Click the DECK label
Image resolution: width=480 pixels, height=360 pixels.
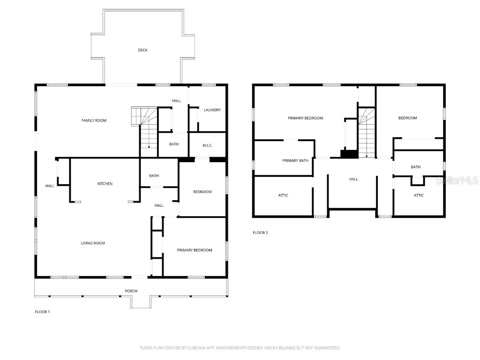(142, 50)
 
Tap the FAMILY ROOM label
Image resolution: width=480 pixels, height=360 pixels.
(94, 120)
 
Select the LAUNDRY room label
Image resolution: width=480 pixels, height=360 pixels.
(212, 110)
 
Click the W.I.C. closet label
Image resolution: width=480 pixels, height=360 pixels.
(207, 145)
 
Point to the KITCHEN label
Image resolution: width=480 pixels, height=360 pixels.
(105, 184)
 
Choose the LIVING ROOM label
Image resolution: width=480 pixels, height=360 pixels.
(93, 243)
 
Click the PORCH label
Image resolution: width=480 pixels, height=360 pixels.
(131, 291)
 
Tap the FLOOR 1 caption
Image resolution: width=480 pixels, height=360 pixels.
(42, 312)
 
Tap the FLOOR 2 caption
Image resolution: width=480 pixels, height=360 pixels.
(260, 232)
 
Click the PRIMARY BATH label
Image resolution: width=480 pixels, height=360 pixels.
(295, 161)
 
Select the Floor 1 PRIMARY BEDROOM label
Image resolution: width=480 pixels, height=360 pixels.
(194, 250)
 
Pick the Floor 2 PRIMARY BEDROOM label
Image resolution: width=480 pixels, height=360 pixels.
(305, 118)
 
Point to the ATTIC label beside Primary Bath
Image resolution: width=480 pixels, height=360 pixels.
(283, 195)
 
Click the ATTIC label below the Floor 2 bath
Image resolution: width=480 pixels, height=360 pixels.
(419, 195)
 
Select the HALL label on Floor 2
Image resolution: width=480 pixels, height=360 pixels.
(353, 179)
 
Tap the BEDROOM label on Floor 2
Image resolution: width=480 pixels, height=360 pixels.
(407, 118)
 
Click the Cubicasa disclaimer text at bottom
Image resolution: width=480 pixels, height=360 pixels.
(240, 348)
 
